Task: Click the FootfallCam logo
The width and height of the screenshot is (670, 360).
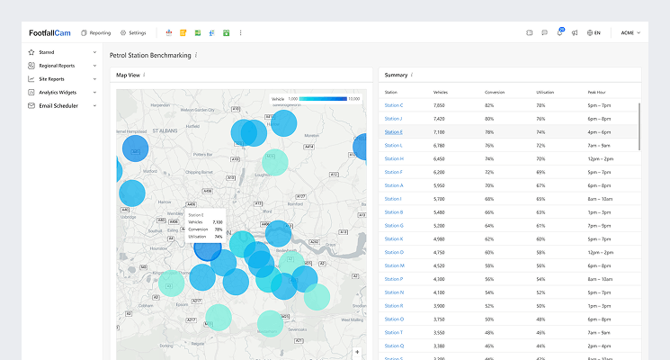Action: (x=49, y=32)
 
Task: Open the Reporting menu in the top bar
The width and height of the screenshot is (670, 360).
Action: (x=95, y=32)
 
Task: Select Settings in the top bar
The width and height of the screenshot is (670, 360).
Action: (x=133, y=32)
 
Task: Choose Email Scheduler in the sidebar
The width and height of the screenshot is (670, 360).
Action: (x=58, y=105)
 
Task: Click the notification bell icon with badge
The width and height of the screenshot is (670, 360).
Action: (x=559, y=32)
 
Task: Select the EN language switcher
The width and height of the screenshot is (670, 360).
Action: (x=593, y=32)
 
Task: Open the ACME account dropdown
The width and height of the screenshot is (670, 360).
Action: (x=630, y=32)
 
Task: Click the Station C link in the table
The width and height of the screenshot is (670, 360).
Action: (x=393, y=105)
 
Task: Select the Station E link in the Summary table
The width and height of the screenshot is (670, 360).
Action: (x=393, y=132)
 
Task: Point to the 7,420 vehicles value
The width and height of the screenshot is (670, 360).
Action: (x=439, y=119)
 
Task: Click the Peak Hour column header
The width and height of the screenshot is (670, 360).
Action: (x=597, y=92)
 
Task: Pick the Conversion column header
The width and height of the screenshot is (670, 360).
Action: (x=495, y=92)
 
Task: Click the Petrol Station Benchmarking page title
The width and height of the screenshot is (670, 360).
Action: (x=151, y=55)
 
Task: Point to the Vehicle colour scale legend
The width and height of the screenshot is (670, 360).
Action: (x=329, y=98)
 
